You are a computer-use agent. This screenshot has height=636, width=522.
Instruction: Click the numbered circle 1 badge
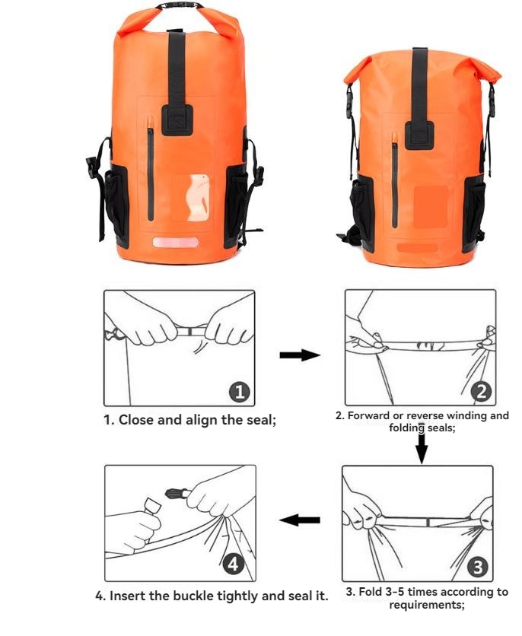[239, 392]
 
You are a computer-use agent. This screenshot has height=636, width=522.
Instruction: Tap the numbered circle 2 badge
[481, 392]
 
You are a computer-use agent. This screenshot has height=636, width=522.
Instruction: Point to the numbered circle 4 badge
[234, 564]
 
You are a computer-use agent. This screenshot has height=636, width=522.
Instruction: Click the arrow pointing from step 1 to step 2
[298, 355]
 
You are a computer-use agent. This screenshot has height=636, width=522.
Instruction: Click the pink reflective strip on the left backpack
[176, 242]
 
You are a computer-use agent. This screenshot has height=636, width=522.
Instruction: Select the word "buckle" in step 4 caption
[186, 596]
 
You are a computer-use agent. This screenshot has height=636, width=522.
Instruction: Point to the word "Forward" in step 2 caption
[374, 415]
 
